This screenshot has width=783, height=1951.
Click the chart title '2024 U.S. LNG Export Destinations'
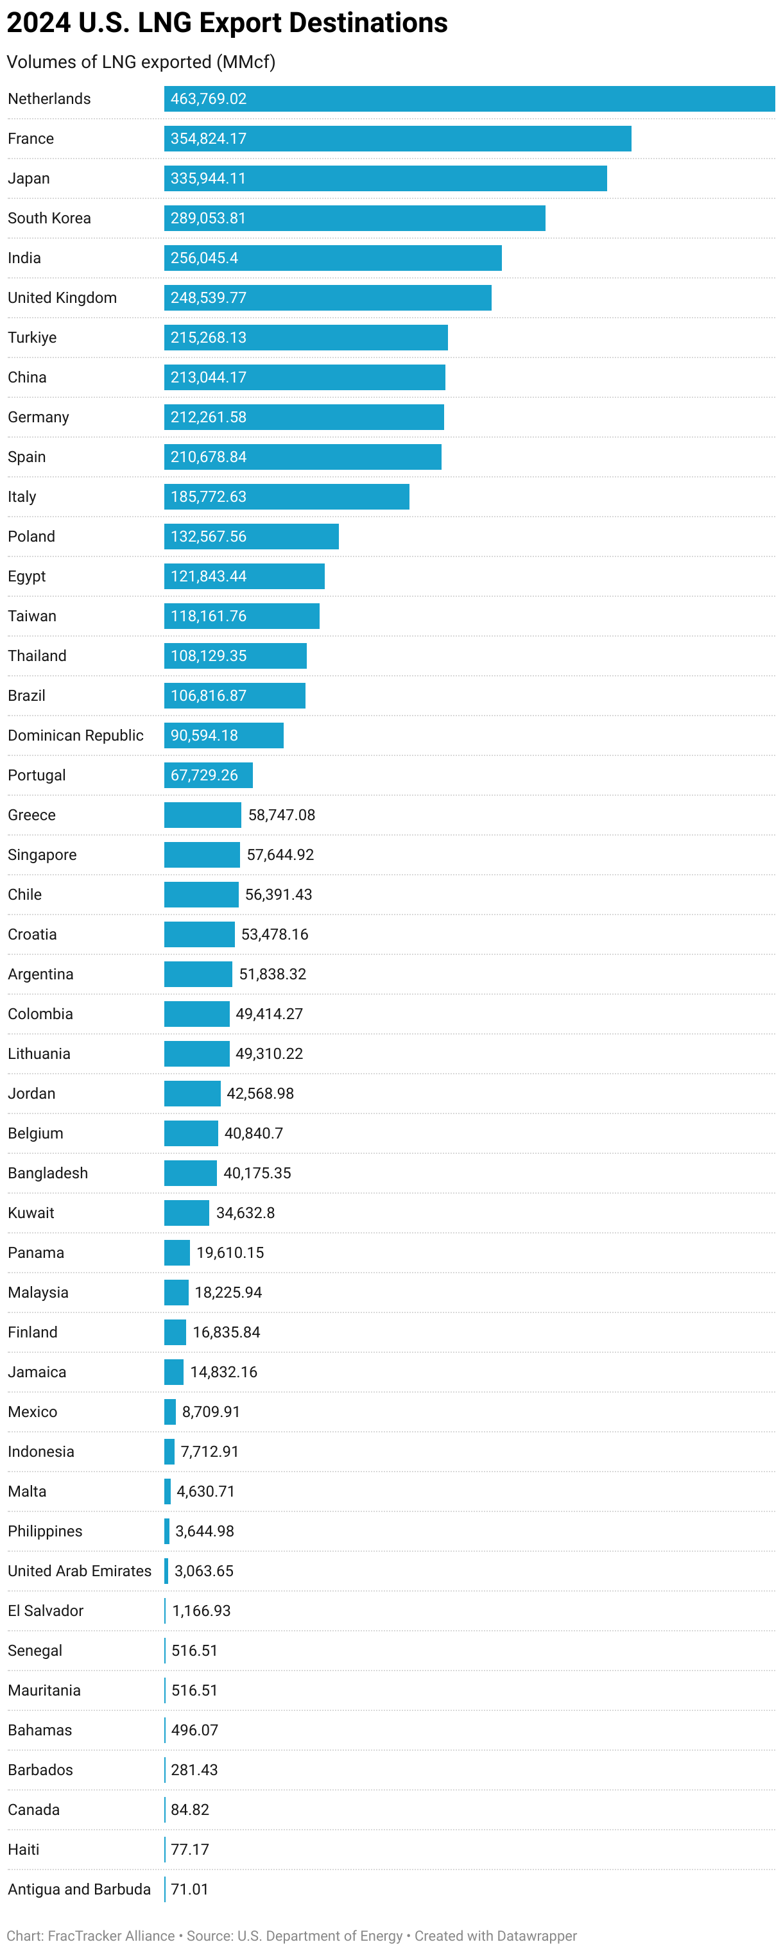pyautogui.click(x=227, y=22)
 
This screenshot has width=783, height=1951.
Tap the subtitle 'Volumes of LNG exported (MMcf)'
pyautogui.click(x=141, y=62)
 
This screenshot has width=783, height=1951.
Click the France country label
pyautogui.click(x=31, y=139)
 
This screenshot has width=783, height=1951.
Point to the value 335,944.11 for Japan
pyautogui.click(x=208, y=179)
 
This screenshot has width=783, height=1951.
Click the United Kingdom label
pyautogui.click(x=62, y=298)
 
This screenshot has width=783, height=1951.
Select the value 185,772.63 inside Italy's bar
pyautogui.click(x=208, y=497)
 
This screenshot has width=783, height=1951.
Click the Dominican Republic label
pyautogui.click(x=76, y=735)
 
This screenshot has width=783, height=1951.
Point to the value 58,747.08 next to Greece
pyautogui.click(x=282, y=815)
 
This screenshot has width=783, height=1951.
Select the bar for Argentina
pyautogui.click(x=198, y=974)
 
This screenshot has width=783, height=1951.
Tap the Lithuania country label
pyautogui.click(x=39, y=1054)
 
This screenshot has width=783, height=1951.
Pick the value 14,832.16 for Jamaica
pyautogui.click(x=223, y=1371)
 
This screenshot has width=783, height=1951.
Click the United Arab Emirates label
pyautogui.click(x=80, y=1571)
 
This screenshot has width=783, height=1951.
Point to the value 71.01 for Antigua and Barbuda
pyautogui.click(x=189, y=1889)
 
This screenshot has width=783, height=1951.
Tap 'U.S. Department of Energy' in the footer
pyautogui.click(x=320, y=1935)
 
